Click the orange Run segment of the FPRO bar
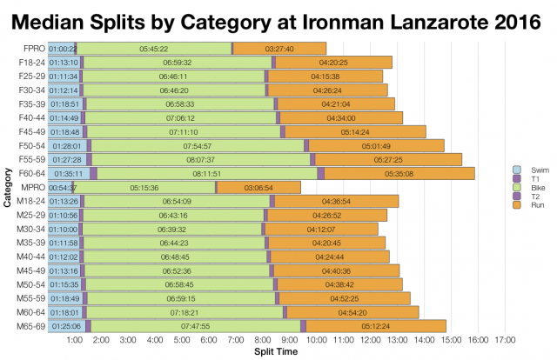[x=279, y=49]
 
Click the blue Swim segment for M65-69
[x=66, y=325]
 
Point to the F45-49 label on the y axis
[x=30, y=131]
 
